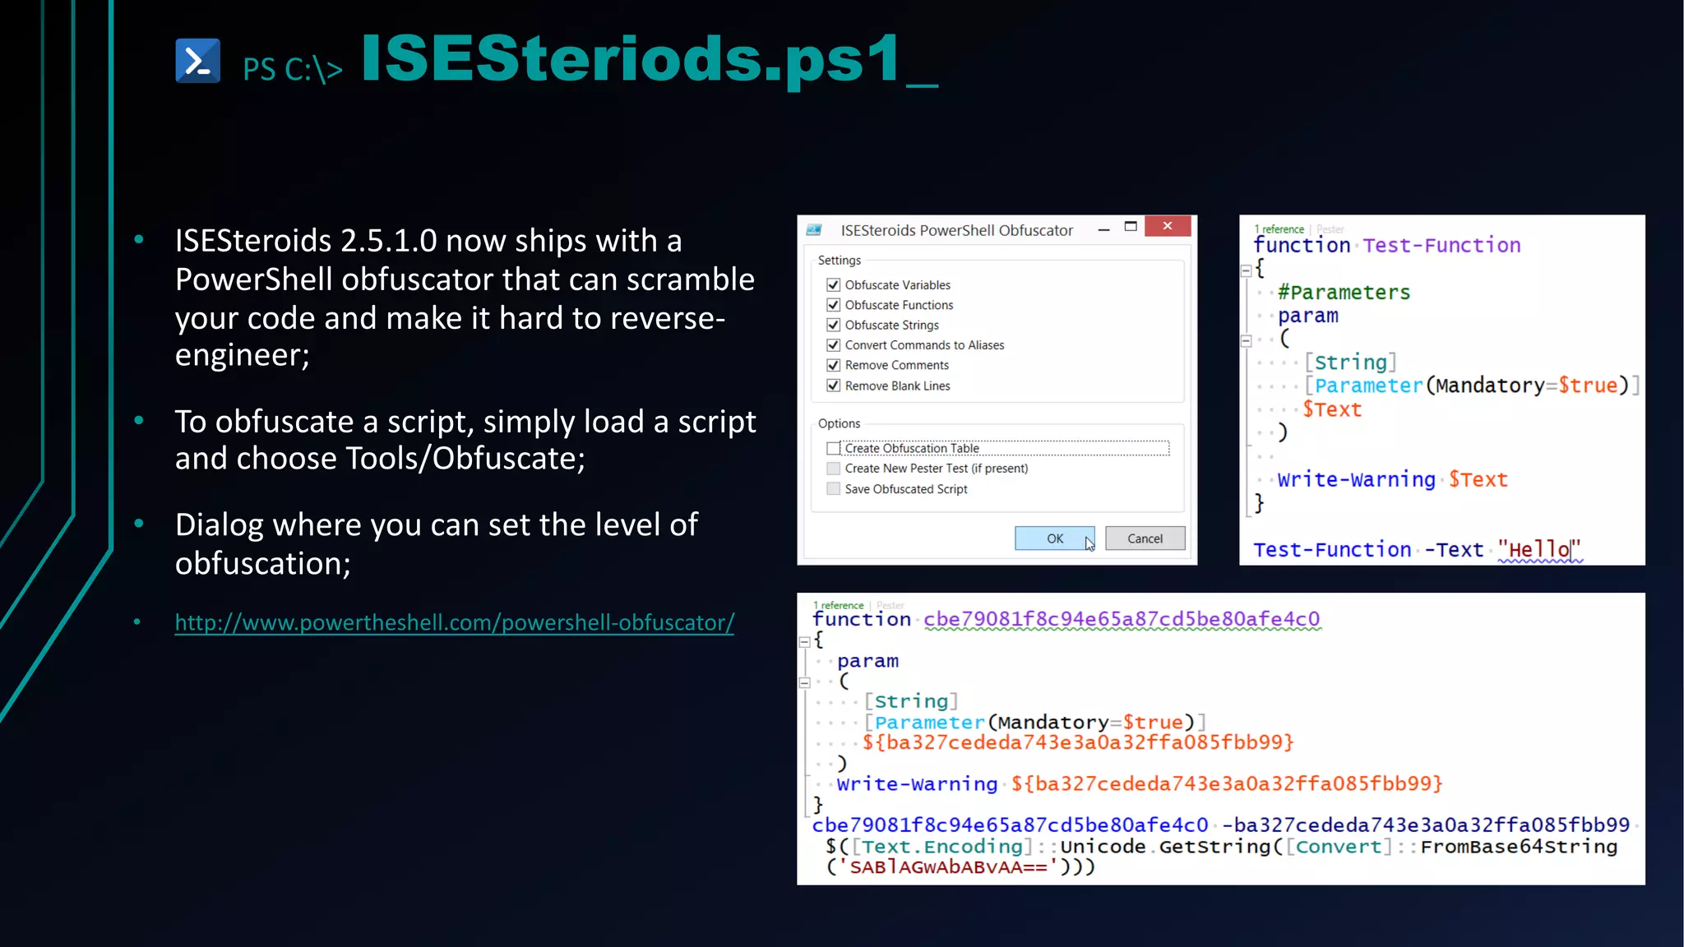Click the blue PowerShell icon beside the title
197,61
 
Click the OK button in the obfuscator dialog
1054,538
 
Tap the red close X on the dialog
1167,226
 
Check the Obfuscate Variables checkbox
834,285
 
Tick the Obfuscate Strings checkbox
834,326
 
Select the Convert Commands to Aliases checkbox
834,345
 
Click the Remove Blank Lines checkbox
834,386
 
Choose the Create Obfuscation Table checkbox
834,448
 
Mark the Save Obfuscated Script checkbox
834,489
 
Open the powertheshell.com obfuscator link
454,622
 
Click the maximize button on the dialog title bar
1131,227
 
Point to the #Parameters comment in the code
1344,293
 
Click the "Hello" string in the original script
1538,549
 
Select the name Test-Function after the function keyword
1441,245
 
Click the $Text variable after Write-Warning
1478,479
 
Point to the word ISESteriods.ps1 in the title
631,59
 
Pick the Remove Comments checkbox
834,365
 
